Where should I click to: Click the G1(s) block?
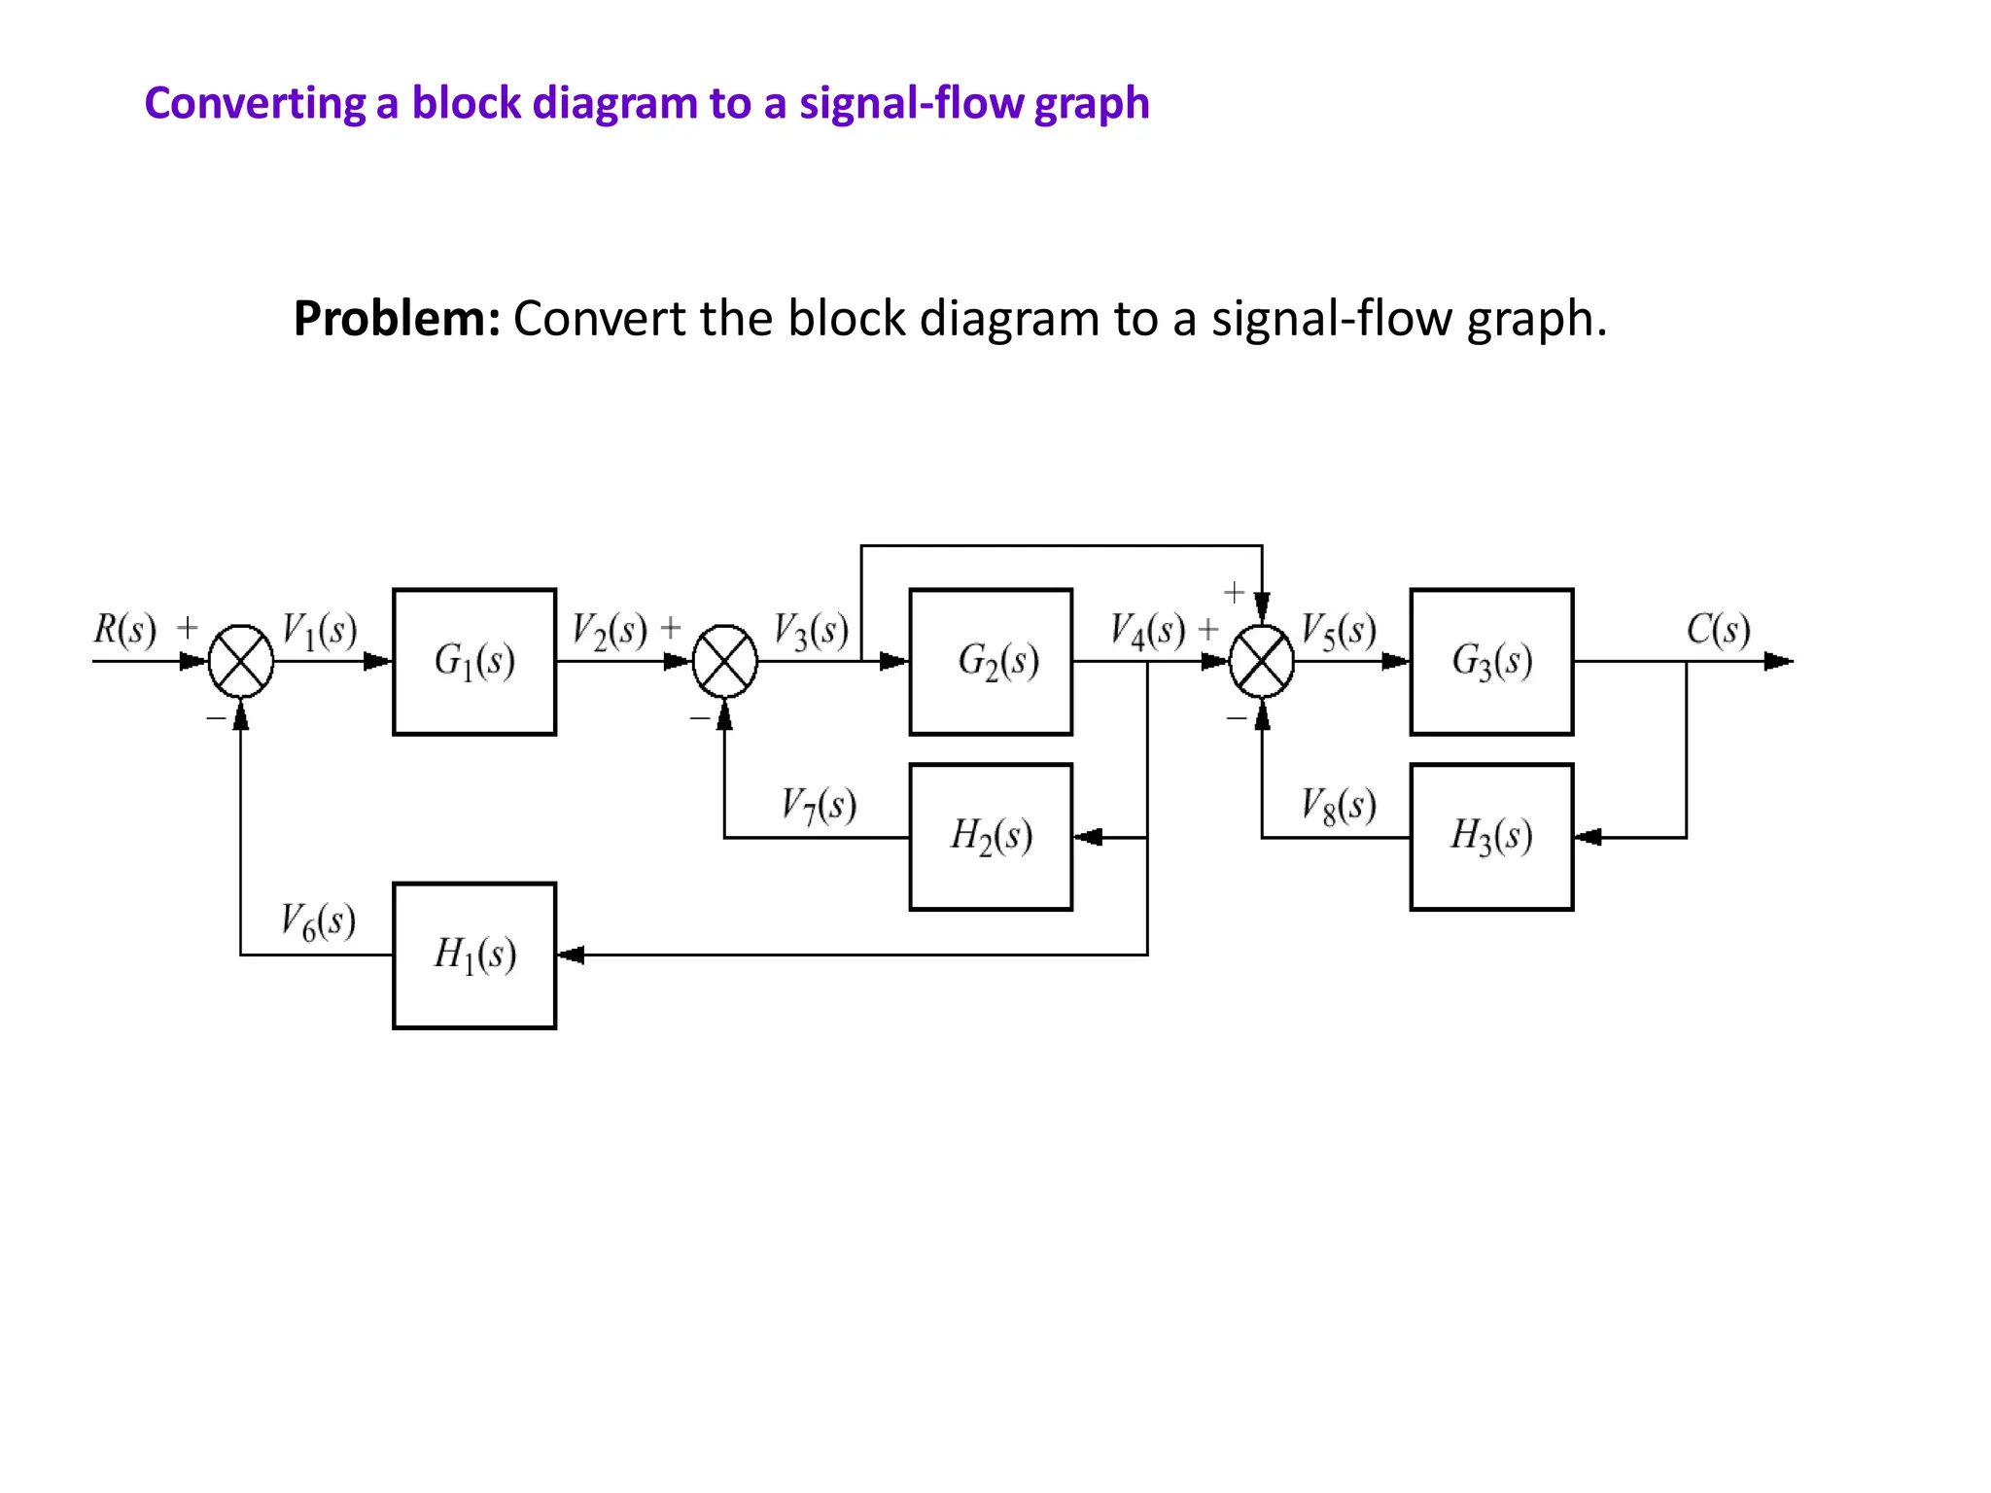click(x=474, y=661)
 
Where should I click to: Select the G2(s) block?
click(x=991, y=661)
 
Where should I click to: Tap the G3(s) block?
click(x=1491, y=661)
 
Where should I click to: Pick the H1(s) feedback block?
click(x=474, y=955)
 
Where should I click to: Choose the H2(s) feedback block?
click(x=991, y=836)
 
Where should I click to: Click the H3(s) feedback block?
click(x=1491, y=836)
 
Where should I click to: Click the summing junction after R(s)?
click(x=241, y=661)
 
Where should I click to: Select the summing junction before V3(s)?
click(x=724, y=661)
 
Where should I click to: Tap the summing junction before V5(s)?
click(x=1262, y=661)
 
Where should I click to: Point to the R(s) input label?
click(x=124, y=629)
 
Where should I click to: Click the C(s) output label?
click(x=1718, y=629)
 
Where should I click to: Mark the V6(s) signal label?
click(x=318, y=920)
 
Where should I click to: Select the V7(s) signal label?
click(x=819, y=805)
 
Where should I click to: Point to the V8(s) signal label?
click(x=1339, y=805)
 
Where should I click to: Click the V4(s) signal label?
click(x=1148, y=630)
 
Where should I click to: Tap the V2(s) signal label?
click(x=610, y=630)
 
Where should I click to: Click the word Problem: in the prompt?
click(x=397, y=318)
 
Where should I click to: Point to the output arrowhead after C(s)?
click(x=1778, y=661)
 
